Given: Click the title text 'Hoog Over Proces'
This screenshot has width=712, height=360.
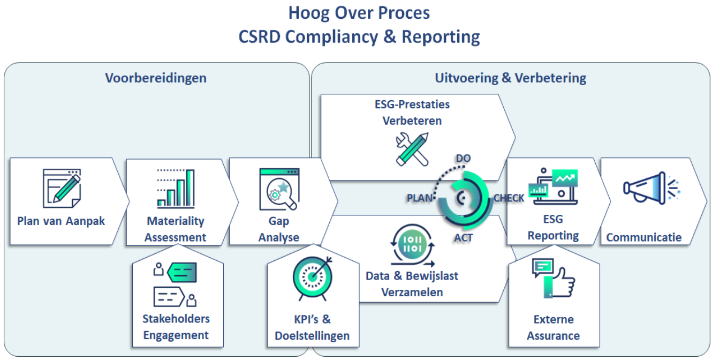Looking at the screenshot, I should point(359,13).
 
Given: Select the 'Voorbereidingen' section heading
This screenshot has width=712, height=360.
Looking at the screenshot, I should point(155,78).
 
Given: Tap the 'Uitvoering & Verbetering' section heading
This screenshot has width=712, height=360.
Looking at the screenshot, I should point(510,78).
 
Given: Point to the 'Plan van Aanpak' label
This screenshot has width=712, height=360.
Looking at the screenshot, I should point(61,221).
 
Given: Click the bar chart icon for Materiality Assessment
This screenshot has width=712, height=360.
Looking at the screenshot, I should point(176,189).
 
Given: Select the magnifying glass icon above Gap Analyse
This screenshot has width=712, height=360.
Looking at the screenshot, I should point(279,189).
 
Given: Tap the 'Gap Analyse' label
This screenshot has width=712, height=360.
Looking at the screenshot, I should point(279,229).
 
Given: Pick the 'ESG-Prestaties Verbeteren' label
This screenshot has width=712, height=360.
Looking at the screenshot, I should point(412,112).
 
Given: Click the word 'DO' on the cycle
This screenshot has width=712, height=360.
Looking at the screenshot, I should point(463,159).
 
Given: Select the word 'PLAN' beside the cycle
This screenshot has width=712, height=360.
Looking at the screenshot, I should point(420,198).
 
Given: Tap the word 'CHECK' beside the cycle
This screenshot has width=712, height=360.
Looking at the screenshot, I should point(509,198).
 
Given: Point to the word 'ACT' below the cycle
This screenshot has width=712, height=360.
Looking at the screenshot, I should point(463,237).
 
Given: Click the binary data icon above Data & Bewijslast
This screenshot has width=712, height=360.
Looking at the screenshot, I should point(412,247).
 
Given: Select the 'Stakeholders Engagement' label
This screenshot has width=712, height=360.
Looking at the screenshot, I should point(176,327).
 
